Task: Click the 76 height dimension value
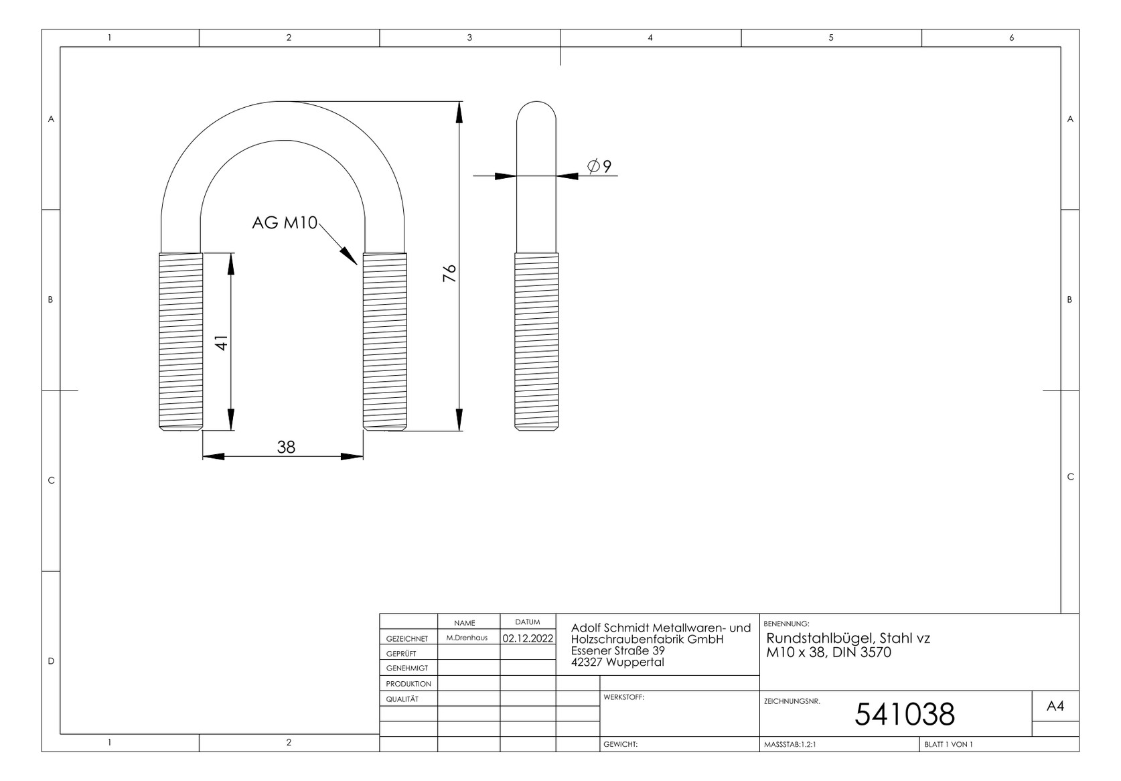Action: coord(450,273)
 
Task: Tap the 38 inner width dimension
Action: coord(286,447)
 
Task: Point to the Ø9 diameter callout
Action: coord(599,165)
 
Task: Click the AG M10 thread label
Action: coord(285,223)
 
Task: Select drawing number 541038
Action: coord(904,715)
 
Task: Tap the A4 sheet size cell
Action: coord(1055,706)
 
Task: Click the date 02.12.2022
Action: coord(528,638)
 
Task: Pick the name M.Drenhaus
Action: coord(467,638)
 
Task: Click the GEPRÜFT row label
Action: coord(401,654)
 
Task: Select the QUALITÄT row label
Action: coord(402,699)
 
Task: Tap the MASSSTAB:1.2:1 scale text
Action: coord(790,744)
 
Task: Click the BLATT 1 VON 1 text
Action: coord(948,744)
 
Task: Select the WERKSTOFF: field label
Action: coord(623,697)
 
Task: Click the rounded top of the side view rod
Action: coord(536,111)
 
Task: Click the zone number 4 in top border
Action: coord(650,38)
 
